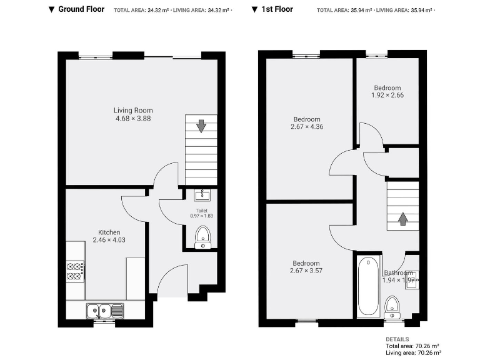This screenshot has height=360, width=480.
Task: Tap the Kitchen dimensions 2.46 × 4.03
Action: [109, 239]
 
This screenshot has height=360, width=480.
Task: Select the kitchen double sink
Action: [104, 309]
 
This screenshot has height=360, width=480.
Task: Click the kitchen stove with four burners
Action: [76, 270]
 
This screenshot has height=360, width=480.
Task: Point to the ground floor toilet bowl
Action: [202, 236]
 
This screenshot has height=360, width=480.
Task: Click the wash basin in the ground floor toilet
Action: [201, 194]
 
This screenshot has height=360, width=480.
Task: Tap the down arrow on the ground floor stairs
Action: [201, 126]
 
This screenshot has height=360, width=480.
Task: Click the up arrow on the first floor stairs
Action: [402, 219]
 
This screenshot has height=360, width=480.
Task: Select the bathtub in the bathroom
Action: [368, 285]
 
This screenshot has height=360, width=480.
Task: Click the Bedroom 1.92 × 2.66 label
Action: [387, 95]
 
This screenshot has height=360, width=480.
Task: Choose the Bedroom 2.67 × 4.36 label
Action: [306, 126]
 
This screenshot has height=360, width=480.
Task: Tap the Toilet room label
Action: [201, 211]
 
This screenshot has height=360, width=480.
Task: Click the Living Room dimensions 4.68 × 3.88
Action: [133, 118]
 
